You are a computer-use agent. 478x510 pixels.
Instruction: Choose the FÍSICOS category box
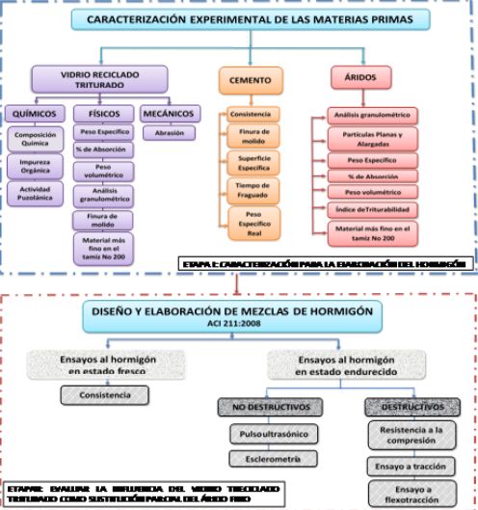tap(99, 114)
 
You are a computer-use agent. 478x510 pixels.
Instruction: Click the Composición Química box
tap(32, 140)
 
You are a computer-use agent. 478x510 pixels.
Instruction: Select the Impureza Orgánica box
tap(32, 167)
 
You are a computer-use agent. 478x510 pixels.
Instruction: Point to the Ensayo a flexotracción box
tap(412, 495)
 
